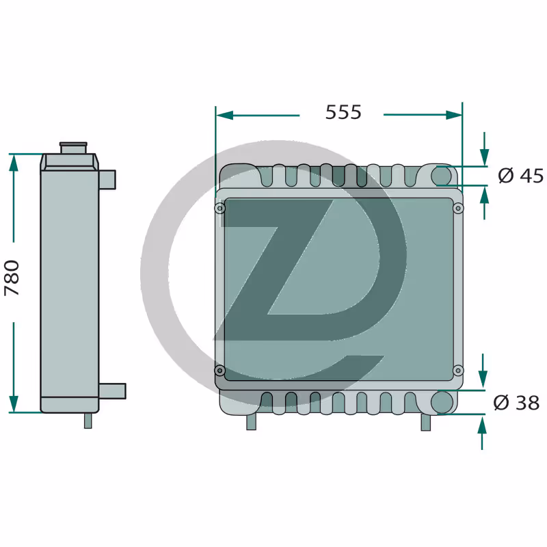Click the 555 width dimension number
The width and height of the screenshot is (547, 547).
pyautogui.click(x=343, y=112)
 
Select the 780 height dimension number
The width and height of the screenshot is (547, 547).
pyautogui.click(x=12, y=278)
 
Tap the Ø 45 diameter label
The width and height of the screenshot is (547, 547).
pyautogui.click(x=520, y=176)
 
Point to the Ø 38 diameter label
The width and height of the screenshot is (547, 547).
pyautogui.click(x=516, y=403)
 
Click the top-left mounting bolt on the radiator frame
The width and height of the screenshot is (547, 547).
pyautogui.click(x=219, y=209)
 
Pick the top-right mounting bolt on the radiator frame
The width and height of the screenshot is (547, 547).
pyautogui.click(x=458, y=209)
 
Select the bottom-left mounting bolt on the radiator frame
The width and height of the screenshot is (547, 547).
pyautogui.click(x=219, y=370)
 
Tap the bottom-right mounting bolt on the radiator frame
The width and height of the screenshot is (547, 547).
pyautogui.click(x=458, y=370)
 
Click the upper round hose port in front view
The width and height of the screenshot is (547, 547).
pyautogui.click(x=442, y=176)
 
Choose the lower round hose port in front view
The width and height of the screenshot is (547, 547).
pyautogui.click(x=442, y=403)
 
